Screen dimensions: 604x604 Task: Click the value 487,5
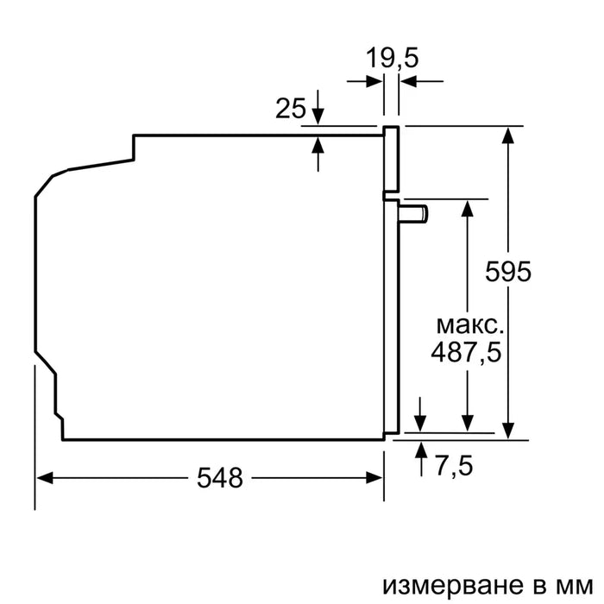(x=467, y=353)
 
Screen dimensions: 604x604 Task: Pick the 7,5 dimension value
(x=453, y=467)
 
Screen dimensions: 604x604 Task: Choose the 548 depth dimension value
(x=218, y=477)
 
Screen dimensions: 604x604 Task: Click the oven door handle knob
(x=418, y=212)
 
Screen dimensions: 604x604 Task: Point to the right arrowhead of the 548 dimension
(x=376, y=477)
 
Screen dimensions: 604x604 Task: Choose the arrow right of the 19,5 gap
(x=406, y=81)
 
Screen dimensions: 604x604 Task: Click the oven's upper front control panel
(x=392, y=160)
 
